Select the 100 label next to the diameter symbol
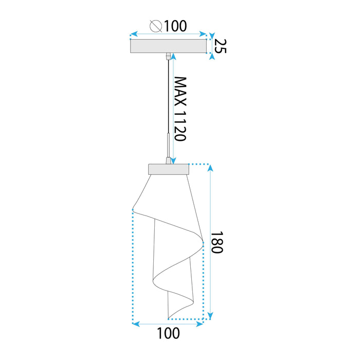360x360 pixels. click(174, 25)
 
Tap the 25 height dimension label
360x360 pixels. click(220, 46)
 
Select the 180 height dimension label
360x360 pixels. click(217, 242)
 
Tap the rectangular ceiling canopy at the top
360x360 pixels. click(169, 46)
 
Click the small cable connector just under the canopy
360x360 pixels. click(169, 55)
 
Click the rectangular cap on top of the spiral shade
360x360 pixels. click(169, 169)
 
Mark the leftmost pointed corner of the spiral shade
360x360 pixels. click(133, 209)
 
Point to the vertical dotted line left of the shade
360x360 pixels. click(133, 267)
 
